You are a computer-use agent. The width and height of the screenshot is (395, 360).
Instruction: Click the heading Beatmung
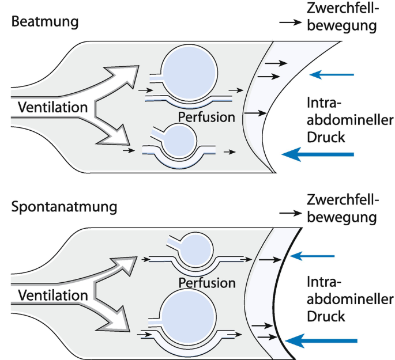click(x=44, y=22)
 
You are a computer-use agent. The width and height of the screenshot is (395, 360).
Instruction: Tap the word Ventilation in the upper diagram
click(x=52, y=107)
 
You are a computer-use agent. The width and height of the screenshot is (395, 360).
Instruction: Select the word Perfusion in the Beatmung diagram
click(x=206, y=117)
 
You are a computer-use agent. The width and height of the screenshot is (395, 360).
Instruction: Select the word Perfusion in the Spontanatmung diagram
click(x=207, y=283)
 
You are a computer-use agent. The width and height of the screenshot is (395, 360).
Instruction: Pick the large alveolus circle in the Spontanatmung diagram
click(x=190, y=314)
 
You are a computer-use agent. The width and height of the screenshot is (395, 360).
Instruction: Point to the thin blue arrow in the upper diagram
click(x=332, y=75)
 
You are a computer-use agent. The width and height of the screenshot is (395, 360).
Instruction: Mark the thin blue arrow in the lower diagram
click(x=313, y=256)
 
